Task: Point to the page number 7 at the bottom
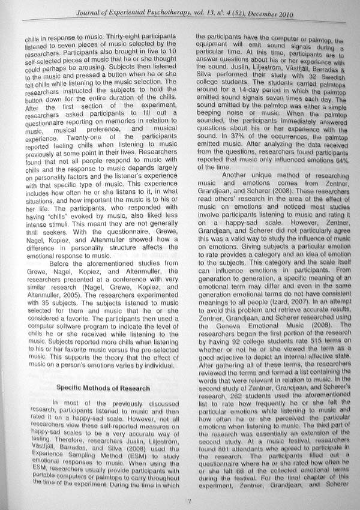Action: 188,500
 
